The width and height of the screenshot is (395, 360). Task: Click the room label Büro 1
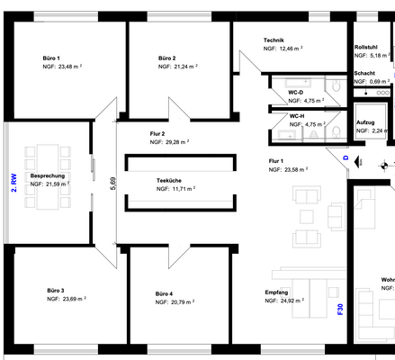tap(51, 58)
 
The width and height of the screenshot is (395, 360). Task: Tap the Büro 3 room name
tap(56, 291)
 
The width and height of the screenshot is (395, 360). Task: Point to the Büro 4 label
tap(164, 293)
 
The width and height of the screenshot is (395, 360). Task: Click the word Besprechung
tap(46, 175)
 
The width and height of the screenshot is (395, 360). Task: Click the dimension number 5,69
tap(113, 185)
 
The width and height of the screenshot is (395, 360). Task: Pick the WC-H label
tap(297, 116)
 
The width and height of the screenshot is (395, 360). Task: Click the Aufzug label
tap(365, 121)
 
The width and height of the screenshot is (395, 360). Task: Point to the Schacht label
tap(364, 73)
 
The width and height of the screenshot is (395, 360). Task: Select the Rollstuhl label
tap(366, 47)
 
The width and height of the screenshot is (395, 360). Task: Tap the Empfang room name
tap(276, 292)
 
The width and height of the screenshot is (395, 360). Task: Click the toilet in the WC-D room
tap(333, 87)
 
